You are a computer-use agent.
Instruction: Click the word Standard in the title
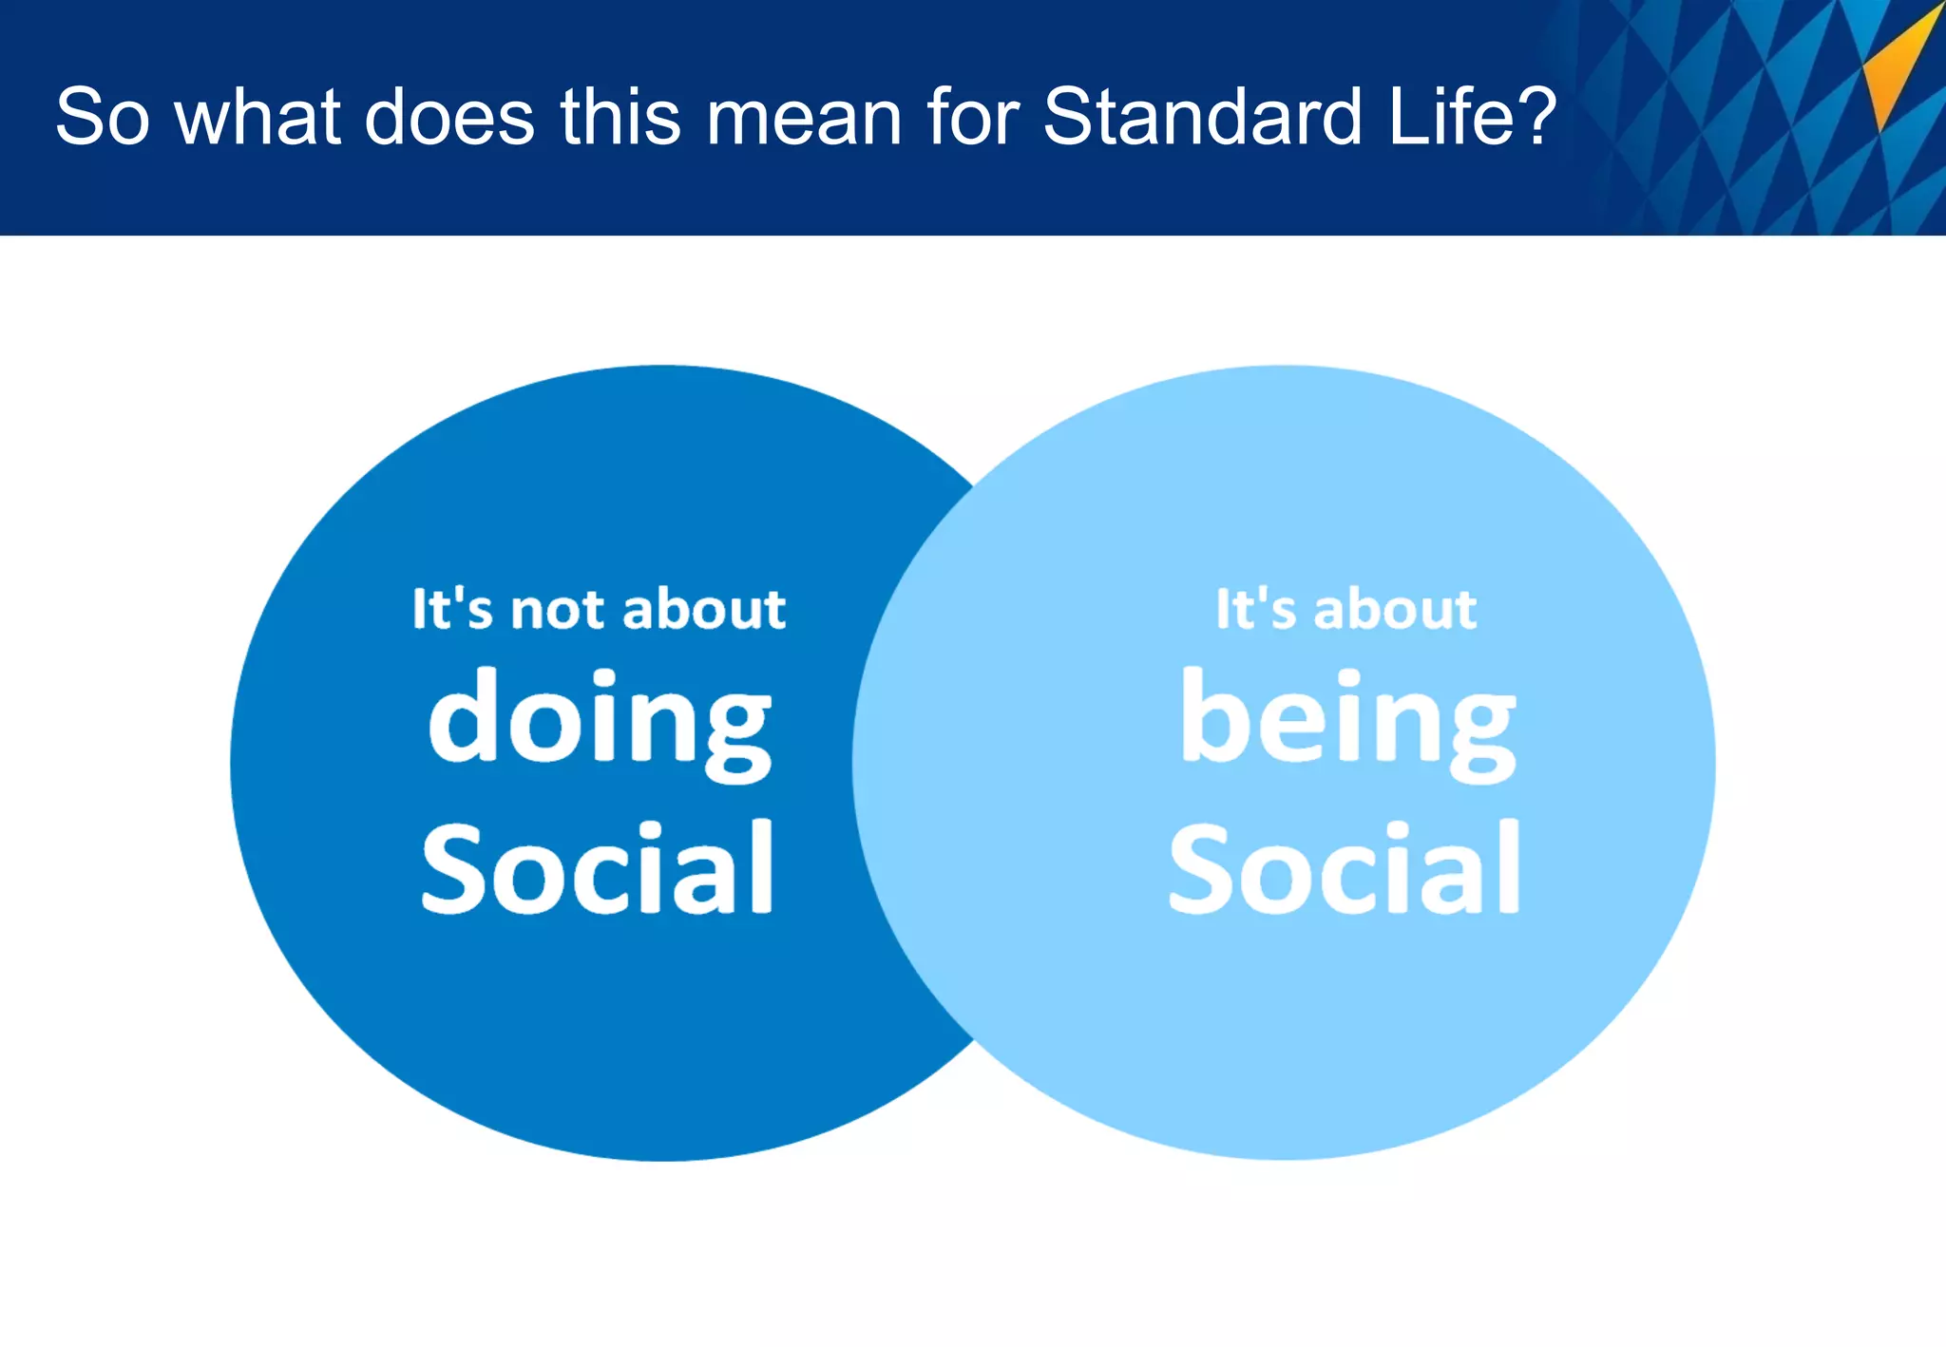(1203, 117)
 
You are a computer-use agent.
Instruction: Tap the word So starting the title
(102, 117)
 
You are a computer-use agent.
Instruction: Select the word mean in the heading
(803, 117)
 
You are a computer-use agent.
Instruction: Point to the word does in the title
(448, 117)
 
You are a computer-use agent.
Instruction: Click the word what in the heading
(258, 117)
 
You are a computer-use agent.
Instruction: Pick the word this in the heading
(620, 117)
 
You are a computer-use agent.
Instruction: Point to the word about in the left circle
(705, 609)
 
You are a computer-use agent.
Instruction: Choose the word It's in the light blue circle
(1255, 609)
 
